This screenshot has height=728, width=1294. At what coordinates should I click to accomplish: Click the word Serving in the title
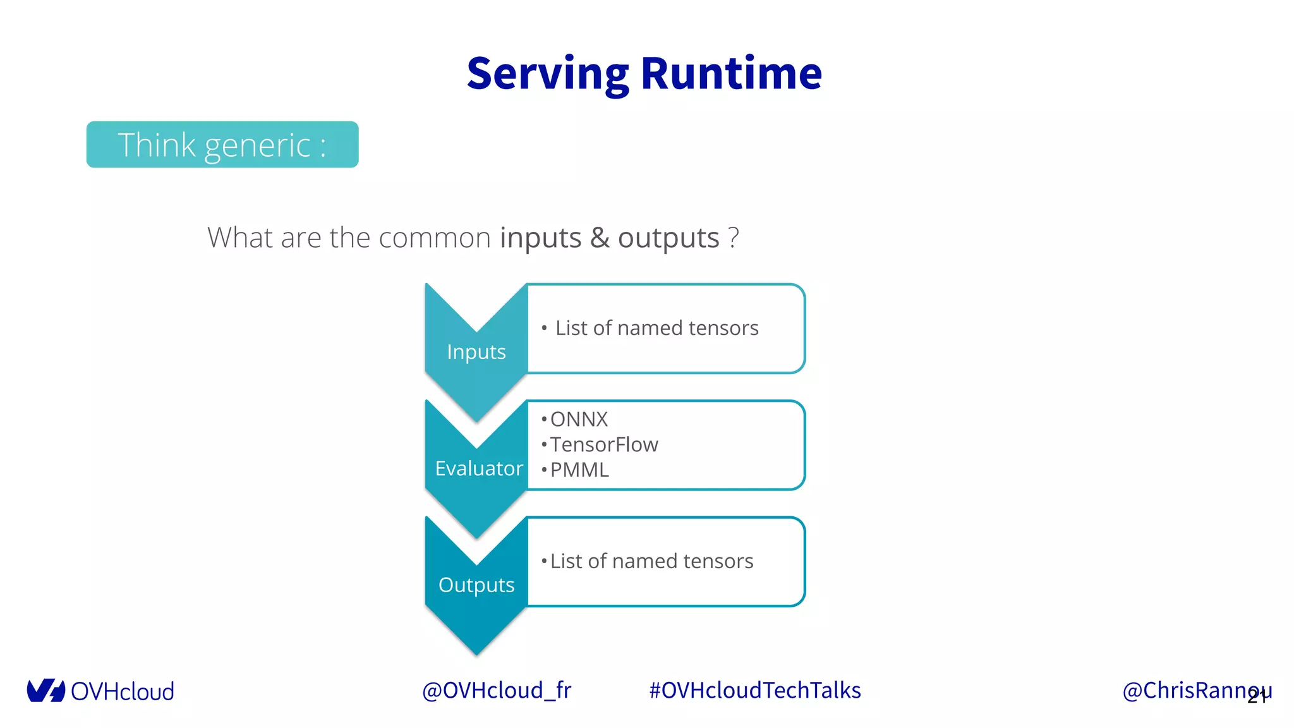coord(547,74)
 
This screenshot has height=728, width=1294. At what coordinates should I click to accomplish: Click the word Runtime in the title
coord(731,74)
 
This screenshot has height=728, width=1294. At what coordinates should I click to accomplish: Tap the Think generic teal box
coord(222,145)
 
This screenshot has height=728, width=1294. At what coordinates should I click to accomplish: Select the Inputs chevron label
coord(476,352)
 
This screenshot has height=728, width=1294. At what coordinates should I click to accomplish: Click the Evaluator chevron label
coord(478,468)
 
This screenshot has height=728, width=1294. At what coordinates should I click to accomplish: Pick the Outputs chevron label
coord(476,585)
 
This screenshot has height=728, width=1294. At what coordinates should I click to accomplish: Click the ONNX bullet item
coord(578,419)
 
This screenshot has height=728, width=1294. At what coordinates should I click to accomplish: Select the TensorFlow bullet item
coord(603,444)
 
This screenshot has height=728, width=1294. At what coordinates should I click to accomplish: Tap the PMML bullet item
coord(579,470)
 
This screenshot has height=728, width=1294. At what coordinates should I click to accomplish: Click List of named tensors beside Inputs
coord(656,328)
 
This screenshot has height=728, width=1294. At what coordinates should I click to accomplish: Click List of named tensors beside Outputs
coord(651,561)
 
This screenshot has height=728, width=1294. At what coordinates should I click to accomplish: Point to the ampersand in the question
coord(599,238)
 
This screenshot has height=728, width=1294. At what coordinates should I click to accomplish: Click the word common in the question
coord(434,238)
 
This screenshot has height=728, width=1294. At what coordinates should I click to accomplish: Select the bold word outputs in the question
coord(668,238)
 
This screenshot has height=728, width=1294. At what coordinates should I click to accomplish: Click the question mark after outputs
coord(733,238)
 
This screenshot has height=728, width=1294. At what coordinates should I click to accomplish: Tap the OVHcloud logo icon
coord(45,690)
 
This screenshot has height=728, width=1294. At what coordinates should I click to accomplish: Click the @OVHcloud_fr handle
coord(497,690)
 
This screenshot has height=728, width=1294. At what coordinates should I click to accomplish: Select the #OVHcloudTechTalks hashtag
coord(754,690)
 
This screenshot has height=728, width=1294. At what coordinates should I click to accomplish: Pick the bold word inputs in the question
coord(540,238)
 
